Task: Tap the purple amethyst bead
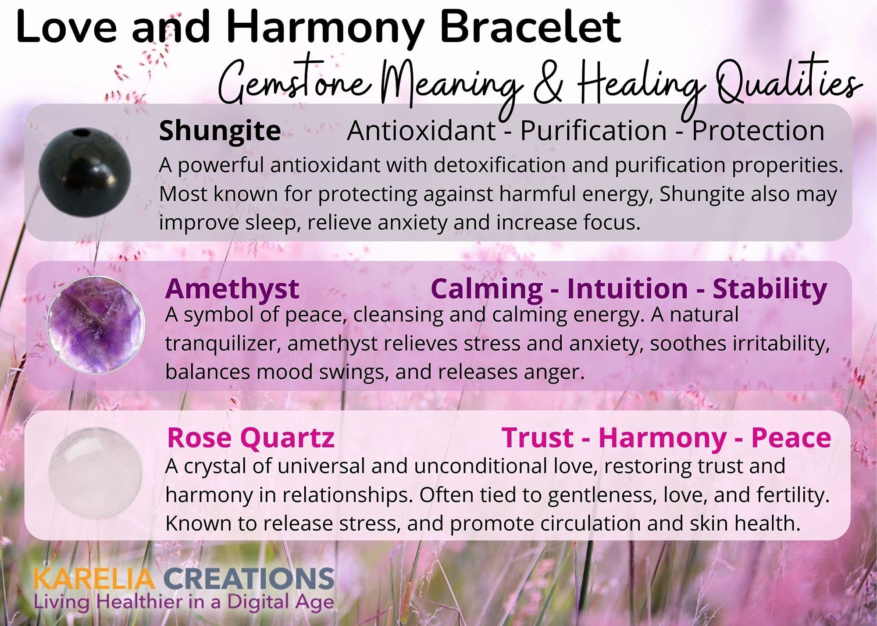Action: tap(96, 325)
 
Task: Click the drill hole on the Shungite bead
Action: tap(79, 132)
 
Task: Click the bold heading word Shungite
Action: tap(220, 131)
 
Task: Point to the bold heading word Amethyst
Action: tap(232, 289)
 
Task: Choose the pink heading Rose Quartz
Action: tap(251, 438)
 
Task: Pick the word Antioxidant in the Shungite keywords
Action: tap(421, 131)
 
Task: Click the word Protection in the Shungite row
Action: tap(758, 131)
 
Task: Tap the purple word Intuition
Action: tap(627, 289)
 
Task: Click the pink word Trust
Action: tap(538, 438)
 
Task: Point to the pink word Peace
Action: tap(791, 438)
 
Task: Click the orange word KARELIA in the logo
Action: tap(94, 579)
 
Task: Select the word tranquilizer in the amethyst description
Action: tap(223, 345)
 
